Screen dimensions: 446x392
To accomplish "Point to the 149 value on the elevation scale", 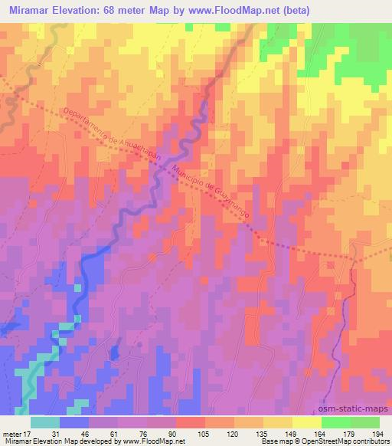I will (x=291, y=433).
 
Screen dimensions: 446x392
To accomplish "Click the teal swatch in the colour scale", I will (x=45, y=422).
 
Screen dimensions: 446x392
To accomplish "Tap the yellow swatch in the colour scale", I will (x=307, y=422).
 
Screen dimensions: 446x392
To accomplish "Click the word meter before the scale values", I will (x=11, y=433).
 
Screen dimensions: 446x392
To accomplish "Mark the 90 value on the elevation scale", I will (x=175, y=433).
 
